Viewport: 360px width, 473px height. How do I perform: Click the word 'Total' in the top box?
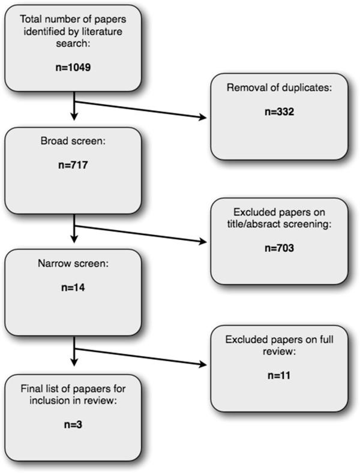pos(30,18)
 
